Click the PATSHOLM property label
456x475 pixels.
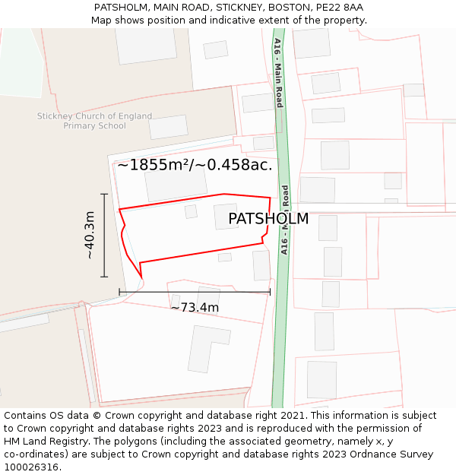(x=268, y=219)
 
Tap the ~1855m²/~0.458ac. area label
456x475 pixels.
(x=195, y=164)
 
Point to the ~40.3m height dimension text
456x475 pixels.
(x=89, y=235)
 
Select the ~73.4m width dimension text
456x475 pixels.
(x=195, y=307)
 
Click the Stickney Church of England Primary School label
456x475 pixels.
(x=95, y=121)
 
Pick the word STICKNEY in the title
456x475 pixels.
(x=239, y=8)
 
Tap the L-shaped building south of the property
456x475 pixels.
(x=207, y=348)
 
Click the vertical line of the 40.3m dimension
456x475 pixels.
(x=104, y=236)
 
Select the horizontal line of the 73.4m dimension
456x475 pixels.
(x=195, y=291)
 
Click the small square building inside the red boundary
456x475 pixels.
(x=191, y=211)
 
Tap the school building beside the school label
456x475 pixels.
(x=168, y=127)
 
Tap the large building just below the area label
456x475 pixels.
(x=176, y=184)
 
